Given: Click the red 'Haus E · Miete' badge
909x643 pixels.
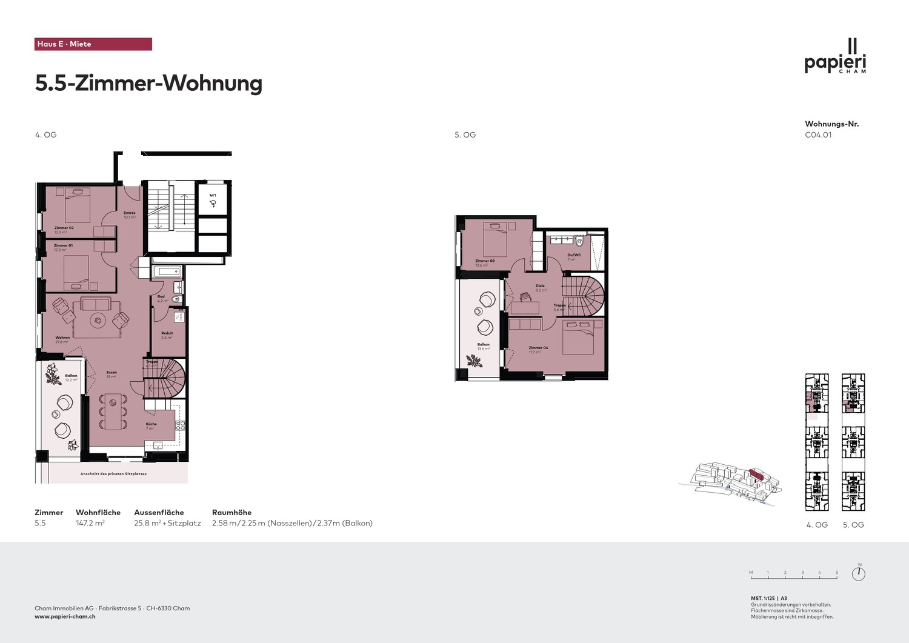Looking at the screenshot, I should (x=93, y=44).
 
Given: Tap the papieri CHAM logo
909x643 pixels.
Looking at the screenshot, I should (x=835, y=58).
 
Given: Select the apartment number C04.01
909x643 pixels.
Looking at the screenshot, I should (x=818, y=135).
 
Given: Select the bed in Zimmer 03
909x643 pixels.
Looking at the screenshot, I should (x=495, y=239).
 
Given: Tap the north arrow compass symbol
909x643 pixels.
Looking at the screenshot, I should (x=858, y=573).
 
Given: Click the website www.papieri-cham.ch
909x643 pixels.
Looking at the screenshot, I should (x=65, y=616).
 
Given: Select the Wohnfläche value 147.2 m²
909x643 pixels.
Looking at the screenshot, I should (x=90, y=523).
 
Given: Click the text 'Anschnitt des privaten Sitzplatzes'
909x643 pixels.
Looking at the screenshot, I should (x=113, y=474).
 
